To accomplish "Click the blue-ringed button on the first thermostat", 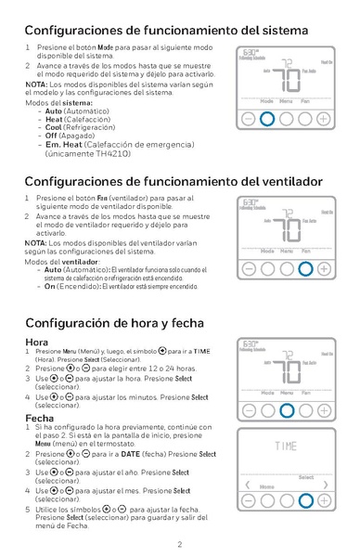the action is point(266,119).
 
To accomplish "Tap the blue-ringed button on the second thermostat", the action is point(304,269).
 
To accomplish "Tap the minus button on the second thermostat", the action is point(248,269).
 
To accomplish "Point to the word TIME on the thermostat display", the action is point(285,447).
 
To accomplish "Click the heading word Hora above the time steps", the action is point(36,343).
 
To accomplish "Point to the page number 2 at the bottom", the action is point(179,545).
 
